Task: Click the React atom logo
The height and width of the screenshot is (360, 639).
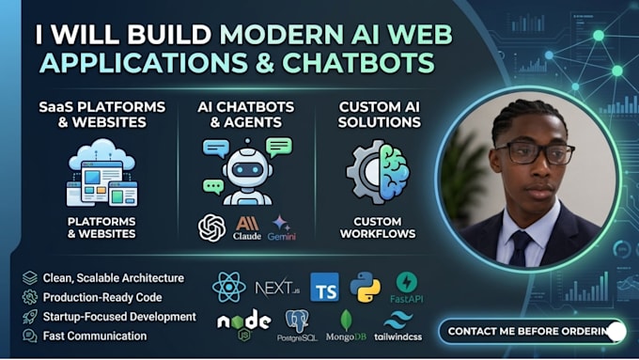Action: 229,287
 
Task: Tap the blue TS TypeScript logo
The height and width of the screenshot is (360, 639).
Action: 324,287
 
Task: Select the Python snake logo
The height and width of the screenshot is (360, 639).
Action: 366,287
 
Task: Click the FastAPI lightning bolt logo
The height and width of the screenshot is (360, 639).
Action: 406,282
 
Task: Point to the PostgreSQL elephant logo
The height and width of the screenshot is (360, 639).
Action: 297,321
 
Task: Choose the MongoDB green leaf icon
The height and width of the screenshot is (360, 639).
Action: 346,320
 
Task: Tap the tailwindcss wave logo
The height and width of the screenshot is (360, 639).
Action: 398,321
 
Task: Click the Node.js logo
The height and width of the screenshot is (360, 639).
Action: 243,324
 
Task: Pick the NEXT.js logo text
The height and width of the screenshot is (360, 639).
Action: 277,288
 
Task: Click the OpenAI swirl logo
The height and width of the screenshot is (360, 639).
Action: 212,227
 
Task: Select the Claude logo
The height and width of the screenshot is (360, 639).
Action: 247,227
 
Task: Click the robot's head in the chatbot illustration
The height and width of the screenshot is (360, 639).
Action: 247,168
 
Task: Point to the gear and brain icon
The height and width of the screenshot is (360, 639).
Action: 378,172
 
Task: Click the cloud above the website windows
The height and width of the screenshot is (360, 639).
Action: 101,154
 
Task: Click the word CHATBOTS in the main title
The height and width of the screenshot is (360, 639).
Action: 358,62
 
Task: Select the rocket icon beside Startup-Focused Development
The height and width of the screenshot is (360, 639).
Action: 30,317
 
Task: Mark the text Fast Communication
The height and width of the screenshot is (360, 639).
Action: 95,336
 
